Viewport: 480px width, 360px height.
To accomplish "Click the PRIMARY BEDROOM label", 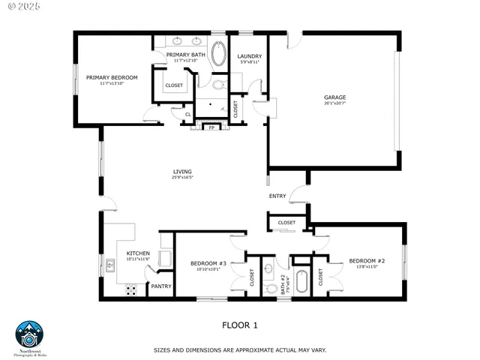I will [x=112, y=77].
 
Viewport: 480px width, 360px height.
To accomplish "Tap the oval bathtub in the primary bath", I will [x=220, y=55].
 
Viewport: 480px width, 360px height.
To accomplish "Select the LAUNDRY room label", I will [x=249, y=57].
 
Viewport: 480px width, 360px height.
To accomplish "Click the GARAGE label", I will [x=334, y=97].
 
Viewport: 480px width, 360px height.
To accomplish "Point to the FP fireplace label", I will [x=211, y=127].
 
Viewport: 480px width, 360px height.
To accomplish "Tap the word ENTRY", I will [x=277, y=196].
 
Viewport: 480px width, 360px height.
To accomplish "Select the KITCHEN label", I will [x=139, y=253].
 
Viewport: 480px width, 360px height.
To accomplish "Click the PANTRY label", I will [x=161, y=286].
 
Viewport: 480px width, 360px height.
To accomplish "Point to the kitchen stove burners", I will [x=130, y=289].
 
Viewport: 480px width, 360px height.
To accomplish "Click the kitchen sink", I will [x=109, y=264].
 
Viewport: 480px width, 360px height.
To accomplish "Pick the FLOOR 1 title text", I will [x=240, y=325].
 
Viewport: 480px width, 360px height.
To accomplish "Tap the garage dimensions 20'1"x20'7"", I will [x=334, y=103].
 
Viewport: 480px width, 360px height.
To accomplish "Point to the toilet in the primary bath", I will [x=218, y=85].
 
